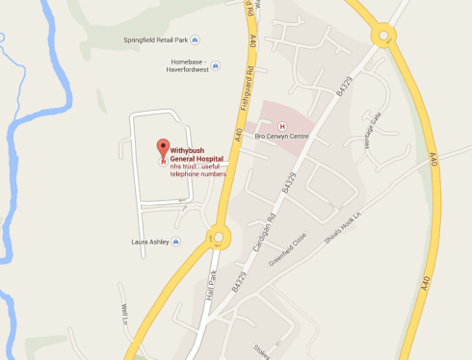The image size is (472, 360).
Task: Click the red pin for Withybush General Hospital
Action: (161, 151)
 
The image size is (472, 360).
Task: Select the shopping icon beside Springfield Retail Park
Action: (196, 39)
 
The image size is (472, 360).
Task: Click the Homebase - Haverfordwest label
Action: (181, 64)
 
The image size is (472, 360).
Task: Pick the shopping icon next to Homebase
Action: (216, 66)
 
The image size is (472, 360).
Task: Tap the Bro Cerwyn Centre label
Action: (280, 137)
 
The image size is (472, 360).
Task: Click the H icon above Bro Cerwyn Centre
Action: (281, 125)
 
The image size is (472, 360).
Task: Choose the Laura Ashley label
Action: (150, 242)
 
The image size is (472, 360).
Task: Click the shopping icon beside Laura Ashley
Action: (177, 242)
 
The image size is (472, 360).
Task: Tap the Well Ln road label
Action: (124, 314)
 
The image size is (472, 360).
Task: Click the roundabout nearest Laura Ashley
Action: (217, 235)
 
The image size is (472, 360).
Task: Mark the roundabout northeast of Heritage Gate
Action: (384, 37)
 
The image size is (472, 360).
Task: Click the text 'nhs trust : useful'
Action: (197, 167)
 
